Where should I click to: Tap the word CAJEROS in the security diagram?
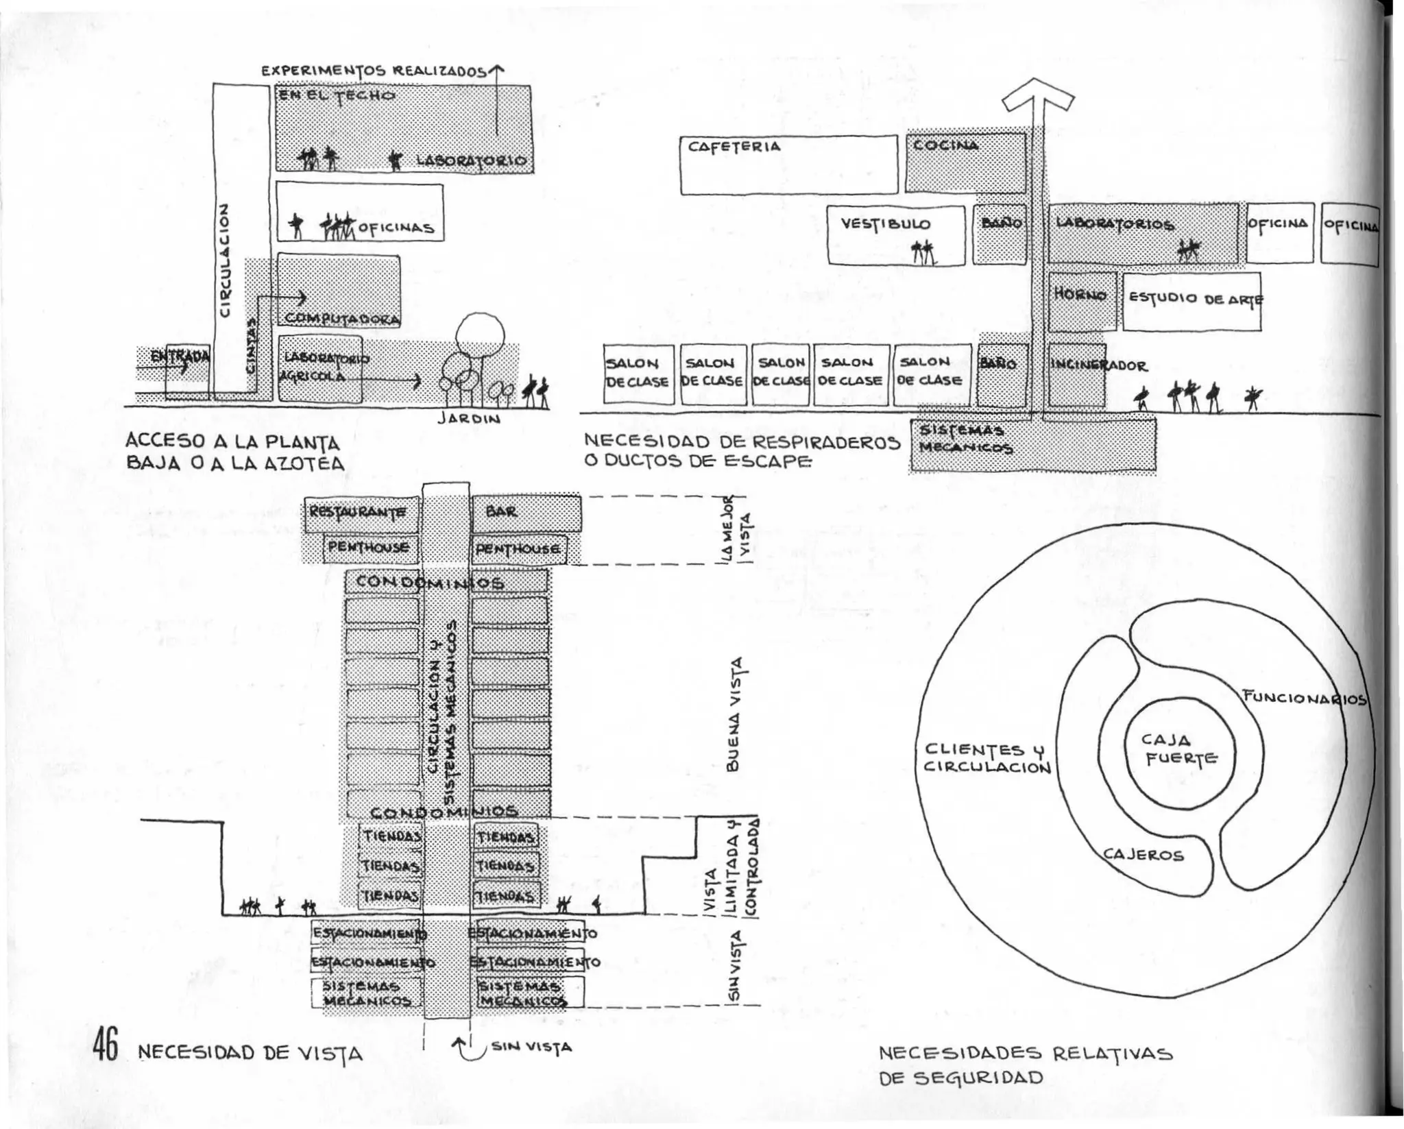pyautogui.click(x=1143, y=855)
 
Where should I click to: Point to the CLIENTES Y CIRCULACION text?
pyautogui.click(x=987, y=758)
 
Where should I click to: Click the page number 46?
pyautogui.click(x=106, y=1045)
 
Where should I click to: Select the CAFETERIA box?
pyautogui.click(x=788, y=165)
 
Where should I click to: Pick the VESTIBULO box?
pyautogui.click(x=895, y=234)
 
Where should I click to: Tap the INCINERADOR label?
pyautogui.click(x=1098, y=365)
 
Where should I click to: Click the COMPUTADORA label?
pyautogui.click(x=341, y=319)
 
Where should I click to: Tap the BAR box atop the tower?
pyautogui.click(x=525, y=513)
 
